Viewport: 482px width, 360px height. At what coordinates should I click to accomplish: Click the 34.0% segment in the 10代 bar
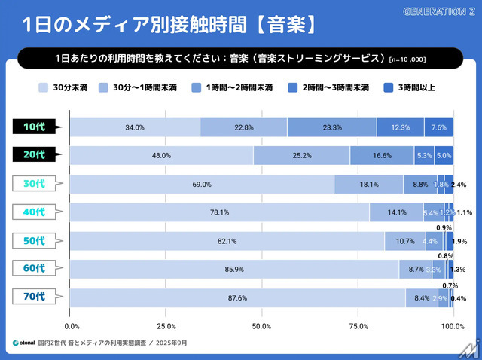coord(135,127)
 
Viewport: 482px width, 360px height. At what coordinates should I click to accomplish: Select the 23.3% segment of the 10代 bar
coord(331,127)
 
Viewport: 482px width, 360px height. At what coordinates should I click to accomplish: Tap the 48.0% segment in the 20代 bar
coord(161,156)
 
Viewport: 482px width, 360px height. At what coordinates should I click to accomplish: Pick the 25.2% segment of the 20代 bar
coord(301,156)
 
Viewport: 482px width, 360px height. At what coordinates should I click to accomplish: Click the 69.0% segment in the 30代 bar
coord(201,185)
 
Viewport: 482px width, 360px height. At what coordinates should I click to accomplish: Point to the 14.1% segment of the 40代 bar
coord(396,212)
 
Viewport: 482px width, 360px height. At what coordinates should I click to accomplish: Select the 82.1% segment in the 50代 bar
coord(227,241)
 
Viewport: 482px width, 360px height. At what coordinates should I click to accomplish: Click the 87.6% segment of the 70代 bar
coord(237,297)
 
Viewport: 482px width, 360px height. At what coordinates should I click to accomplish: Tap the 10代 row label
coord(35,127)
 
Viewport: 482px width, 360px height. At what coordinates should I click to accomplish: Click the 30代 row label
coord(35,184)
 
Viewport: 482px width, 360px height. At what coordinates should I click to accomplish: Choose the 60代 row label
coord(35,268)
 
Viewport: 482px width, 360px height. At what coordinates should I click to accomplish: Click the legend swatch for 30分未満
coord(44,88)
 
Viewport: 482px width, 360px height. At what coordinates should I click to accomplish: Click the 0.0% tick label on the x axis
coord(72,326)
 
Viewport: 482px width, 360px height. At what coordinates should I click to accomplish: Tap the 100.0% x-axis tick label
coord(452,326)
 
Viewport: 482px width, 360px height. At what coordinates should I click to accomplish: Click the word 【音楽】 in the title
coord(280,24)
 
